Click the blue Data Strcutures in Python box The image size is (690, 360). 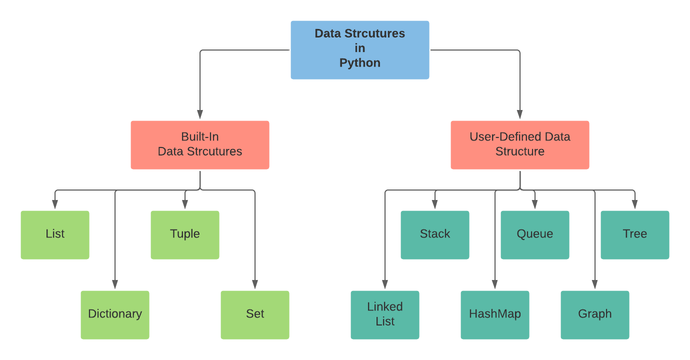(x=360, y=50)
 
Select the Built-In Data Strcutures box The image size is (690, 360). (x=200, y=144)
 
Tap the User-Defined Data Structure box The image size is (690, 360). (x=520, y=144)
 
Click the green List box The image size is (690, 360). (x=55, y=234)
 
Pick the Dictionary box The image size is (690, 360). (x=115, y=314)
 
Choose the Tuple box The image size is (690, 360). (x=185, y=234)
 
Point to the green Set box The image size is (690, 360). (x=255, y=314)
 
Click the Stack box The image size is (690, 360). (x=435, y=234)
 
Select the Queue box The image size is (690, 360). (x=535, y=234)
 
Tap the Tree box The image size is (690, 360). (x=635, y=234)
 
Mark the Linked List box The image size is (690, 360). (x=385, y=314)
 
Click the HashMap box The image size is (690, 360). (x=495, y=314)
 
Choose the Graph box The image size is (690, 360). (x=595, y=314)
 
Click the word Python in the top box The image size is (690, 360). (x=360, y=63)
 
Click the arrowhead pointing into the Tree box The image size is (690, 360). (x=635, y=205)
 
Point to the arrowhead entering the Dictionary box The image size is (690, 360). (x=115, y=285)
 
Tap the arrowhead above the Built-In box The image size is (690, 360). (x=200, y=115)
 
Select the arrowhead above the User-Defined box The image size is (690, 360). (x=520, y=115)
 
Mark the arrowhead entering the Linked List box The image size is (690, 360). (x=385, y=285)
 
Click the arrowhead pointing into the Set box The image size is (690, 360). (x=255, y=285)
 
